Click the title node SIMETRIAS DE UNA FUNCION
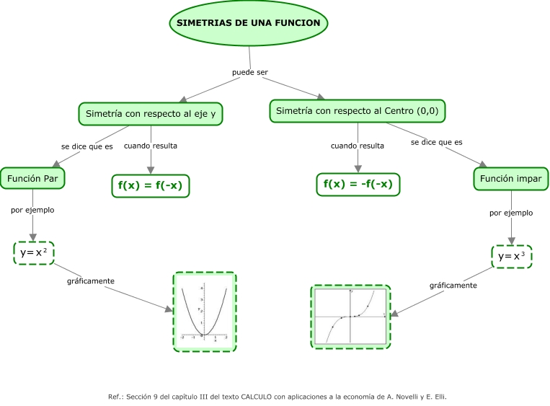(249, 23)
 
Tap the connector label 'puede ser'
(249, 72)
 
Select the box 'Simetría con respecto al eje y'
(151, 113)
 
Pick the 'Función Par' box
(32, 177)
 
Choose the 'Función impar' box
(511, 178)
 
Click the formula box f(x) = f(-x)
(150, 185)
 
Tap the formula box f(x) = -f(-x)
(358, 184)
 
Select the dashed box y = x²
(34, 252)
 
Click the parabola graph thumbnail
(205, 312)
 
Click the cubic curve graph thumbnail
(350, 317)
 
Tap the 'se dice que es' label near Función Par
(87, 146)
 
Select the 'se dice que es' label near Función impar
(436, 142)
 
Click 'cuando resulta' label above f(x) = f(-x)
(151, 146)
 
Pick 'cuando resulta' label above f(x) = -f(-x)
(358, 146)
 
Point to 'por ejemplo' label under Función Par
(32, 211)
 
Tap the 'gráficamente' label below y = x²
(90, 281)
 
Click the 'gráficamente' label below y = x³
(453, 285)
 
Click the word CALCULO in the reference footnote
(257, 396)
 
